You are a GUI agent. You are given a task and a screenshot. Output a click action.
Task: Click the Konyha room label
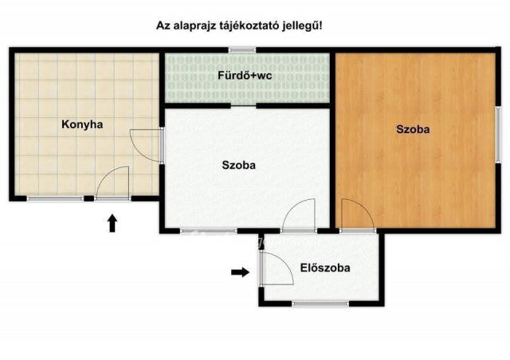[x=84, y=124]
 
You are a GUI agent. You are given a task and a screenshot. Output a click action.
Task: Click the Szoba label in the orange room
[x=414, y=129]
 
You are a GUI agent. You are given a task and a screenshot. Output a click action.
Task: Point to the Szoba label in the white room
[x=238, y=166]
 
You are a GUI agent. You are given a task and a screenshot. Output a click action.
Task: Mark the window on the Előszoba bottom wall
[x=319, y=303]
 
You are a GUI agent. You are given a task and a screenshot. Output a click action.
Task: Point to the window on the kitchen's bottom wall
[x=56, y=198]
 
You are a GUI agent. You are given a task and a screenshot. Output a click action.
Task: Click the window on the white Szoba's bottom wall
[x=203, y=231]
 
